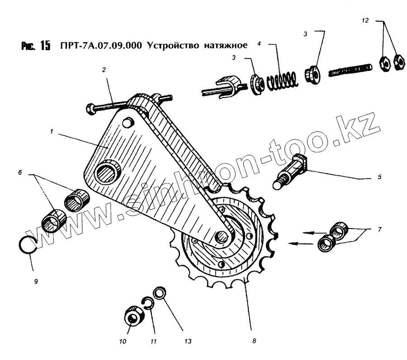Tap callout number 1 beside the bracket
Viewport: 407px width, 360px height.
coord(52,132)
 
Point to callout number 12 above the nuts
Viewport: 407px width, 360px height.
coord(365,21)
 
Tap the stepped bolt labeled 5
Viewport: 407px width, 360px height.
coord(289,171)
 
